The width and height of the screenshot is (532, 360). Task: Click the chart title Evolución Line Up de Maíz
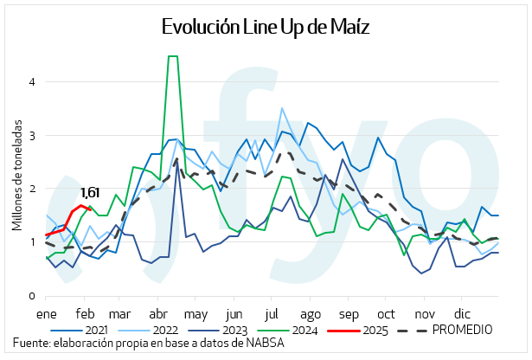point(266,27)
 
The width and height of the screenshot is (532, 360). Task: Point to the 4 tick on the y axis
point(31,82)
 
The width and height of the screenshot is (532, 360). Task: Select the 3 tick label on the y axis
point(31,136)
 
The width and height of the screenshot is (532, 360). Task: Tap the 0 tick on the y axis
point(31,296)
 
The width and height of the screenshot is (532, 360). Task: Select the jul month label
point(272,312)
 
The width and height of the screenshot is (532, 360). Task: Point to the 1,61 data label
point(91,192)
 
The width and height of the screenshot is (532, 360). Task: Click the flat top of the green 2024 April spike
point(172,56)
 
